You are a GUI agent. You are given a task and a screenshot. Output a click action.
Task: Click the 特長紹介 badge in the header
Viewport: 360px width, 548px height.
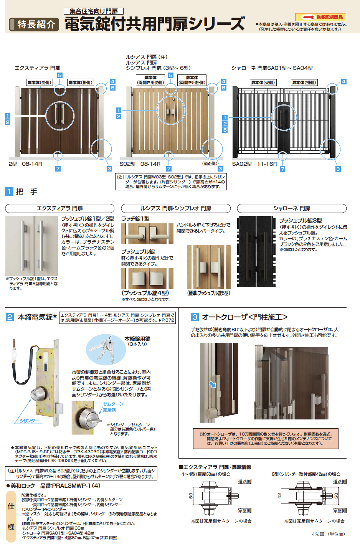(34, 25)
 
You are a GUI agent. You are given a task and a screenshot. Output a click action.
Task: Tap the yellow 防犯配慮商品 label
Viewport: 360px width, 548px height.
(320, 17)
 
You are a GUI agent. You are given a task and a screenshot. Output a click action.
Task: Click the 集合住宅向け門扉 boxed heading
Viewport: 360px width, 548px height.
(94, 11)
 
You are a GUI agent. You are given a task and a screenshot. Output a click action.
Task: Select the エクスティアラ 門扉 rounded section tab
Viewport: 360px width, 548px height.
(59, 208)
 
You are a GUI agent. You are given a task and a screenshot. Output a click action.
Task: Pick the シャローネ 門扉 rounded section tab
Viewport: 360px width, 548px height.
(292, 208)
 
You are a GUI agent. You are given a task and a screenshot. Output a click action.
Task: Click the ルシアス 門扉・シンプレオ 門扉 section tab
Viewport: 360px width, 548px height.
(176, 208)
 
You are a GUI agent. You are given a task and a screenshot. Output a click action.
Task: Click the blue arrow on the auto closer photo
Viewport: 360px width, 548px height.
(212, 385)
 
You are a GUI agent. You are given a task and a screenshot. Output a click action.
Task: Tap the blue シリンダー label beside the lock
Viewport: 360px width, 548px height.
(30, 421)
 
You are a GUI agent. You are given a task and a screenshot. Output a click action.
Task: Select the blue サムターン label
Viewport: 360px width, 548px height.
(113, 404)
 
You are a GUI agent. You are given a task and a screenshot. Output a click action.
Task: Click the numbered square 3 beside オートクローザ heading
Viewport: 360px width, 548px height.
(195, 317)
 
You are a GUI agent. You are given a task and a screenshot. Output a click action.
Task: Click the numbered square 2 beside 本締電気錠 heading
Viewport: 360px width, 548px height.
(10, 317)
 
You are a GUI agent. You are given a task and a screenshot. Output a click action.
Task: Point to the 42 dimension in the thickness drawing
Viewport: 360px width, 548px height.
(279, 495)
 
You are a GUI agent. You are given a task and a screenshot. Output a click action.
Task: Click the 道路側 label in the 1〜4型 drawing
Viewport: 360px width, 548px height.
(244, 481)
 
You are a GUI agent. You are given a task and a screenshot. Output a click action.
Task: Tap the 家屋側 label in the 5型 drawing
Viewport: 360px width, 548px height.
(339, 510)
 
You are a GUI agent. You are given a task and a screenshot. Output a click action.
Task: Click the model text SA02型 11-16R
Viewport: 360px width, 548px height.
(254, 164)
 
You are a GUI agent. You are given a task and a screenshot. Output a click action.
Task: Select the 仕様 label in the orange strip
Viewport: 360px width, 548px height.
(11, 517)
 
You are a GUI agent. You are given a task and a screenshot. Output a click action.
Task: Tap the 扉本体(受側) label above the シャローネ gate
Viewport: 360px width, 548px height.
(263, 83)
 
